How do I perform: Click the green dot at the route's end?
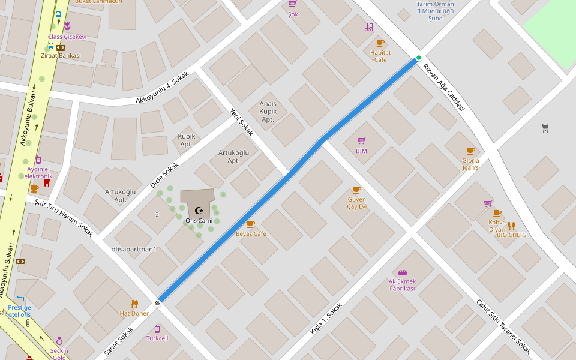(419, 58)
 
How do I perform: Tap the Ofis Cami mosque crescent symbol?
(199, 210)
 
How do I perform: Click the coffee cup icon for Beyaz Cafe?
(250, 224)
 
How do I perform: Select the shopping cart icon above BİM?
(361, 140)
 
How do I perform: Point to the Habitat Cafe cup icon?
(380, 42)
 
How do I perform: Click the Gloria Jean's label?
(470, 164)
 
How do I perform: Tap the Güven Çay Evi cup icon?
(356, 190)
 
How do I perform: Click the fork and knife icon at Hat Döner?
(134, 304)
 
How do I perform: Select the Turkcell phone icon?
(157, 329)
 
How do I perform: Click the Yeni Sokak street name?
(242, 121)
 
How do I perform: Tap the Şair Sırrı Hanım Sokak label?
(64, 218)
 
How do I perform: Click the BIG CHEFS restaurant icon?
(512, 226)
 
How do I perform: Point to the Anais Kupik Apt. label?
(268, 112)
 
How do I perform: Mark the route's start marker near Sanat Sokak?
(158, 302)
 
